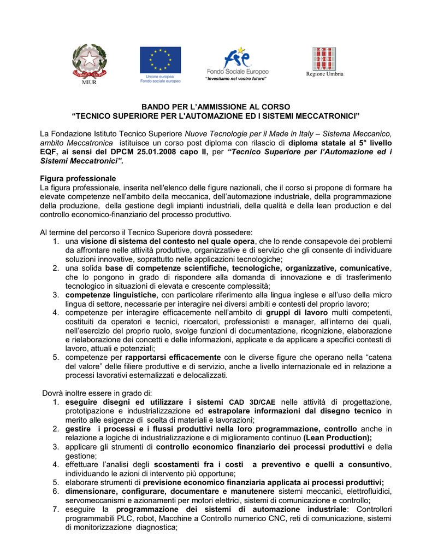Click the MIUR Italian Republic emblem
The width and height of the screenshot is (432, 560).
click(91, 61)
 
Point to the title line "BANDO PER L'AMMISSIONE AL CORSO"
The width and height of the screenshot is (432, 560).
click(216, 107)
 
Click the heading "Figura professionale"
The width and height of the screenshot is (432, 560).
click(78, 179)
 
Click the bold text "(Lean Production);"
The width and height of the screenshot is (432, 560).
click(338, 437)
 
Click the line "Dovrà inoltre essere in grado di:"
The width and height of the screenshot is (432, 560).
click(98, 393)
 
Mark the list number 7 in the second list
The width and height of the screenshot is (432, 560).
click(56, 509)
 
